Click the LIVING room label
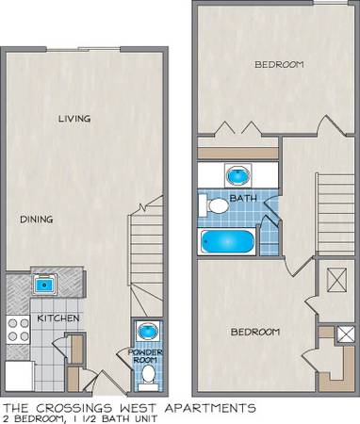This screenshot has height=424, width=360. click(74, 119)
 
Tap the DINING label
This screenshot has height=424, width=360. click(37, 220)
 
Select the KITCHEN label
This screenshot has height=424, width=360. click(58, 318)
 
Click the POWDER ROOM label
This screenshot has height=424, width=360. click(145, 356)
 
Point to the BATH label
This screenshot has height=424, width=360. click(243, 198)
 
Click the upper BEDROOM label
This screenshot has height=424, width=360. click(279, 64)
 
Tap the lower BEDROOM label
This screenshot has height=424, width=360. click(255, 332)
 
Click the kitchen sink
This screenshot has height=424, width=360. click(44, 285)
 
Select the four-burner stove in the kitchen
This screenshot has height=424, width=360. click(18, 330)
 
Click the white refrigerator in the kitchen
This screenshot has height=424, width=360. click(20, 376)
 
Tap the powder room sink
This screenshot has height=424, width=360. click(148, 332)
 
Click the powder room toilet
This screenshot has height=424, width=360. click(149, 375)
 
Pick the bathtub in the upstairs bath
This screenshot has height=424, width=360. click(227, 241)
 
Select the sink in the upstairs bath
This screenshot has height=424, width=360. click(238, 175)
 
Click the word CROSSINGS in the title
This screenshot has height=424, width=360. click(74, 408)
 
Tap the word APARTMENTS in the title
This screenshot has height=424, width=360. click(210, 408)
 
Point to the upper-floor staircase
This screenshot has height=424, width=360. click(335, 214)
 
